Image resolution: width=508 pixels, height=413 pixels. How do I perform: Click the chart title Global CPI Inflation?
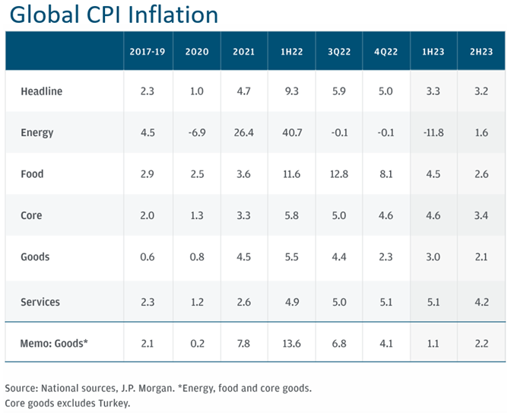pos(113,14)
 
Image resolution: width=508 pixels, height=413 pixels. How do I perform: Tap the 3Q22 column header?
pos(340,52)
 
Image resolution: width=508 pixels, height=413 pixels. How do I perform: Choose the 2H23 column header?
pos(479,52)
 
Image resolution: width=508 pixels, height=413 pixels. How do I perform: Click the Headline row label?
pos(42,91)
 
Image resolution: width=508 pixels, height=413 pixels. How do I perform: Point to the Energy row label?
pos(37,133)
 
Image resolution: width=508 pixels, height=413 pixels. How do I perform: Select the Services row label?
pos(40,302)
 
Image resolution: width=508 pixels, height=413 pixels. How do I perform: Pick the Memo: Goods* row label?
pos(55,344)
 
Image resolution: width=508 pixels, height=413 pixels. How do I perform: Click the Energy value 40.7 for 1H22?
pos(292,133)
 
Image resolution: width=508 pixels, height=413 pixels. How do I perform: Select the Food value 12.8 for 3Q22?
pos(339,174)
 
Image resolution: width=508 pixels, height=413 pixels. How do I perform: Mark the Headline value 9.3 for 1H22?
pos(292,91)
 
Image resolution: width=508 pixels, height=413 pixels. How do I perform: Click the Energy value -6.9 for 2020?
pos(197,133)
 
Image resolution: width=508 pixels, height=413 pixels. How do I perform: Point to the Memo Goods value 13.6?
pos(292,344)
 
